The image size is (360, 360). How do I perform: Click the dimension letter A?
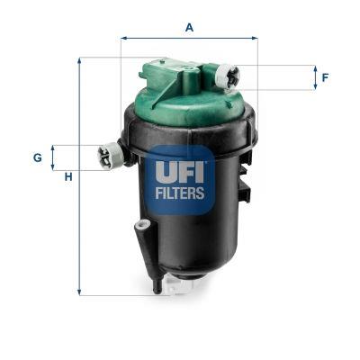point(189,27)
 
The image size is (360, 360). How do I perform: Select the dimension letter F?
point(325,77)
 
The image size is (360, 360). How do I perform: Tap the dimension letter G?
point(38,157)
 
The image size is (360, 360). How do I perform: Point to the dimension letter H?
point(67,176)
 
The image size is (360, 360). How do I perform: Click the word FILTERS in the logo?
point(181,192)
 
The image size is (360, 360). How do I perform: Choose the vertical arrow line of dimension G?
point(53,157)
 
